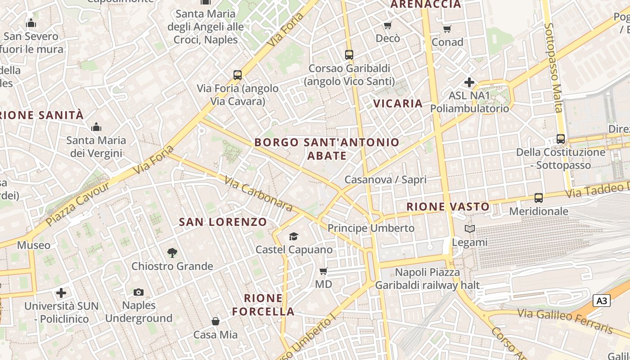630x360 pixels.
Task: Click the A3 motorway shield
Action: point(602,301)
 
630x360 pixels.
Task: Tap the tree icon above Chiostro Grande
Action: point(172,253)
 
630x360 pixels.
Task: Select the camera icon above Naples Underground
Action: point(139,292)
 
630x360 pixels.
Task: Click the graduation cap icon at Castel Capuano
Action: point(293,236)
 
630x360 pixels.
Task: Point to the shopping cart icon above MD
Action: point(323,271)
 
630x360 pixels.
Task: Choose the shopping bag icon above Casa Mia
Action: point(216,321)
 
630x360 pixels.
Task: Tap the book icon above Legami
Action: point(469,229)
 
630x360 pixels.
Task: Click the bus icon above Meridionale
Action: point(538,198)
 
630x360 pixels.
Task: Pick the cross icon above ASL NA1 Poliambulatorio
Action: point(469,82)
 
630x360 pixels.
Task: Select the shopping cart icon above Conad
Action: point(447,29)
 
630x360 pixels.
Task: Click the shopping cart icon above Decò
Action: point(387,25)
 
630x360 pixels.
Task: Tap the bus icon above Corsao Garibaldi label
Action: point(349,55)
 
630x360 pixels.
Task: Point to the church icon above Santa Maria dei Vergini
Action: point(96,127)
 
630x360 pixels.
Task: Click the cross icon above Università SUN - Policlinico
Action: point(61,293)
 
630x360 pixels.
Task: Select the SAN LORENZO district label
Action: point(223,222)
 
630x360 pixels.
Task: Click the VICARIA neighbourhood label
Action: point(398,103)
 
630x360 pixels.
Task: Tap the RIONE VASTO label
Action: point(448,207)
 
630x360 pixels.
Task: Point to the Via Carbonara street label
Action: point(258,193)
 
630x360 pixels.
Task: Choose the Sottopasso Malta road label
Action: point(553,67)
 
